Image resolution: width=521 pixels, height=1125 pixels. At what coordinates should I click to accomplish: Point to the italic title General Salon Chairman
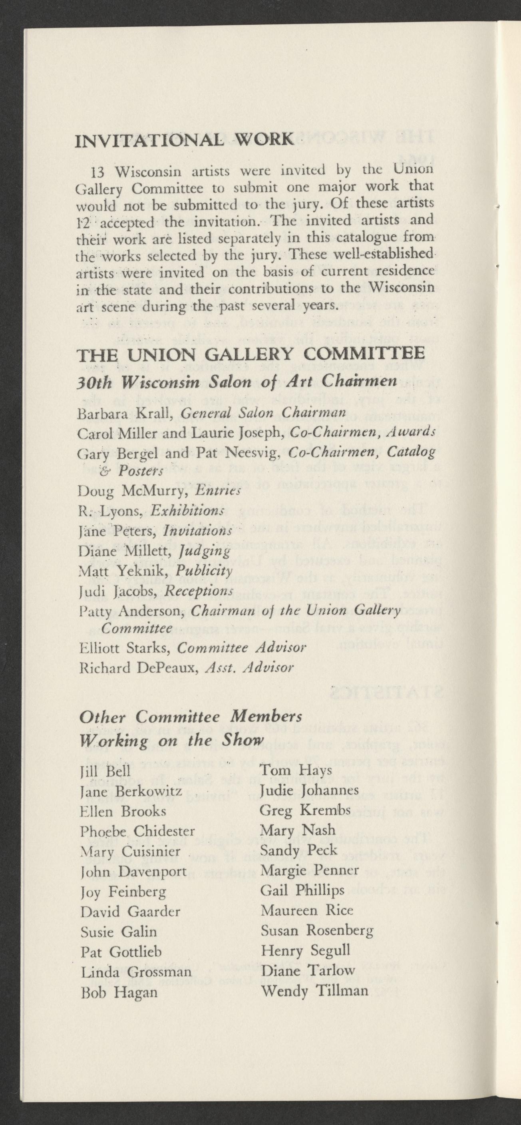pos(263,413)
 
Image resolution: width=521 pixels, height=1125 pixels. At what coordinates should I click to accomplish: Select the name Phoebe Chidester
pos(137,831)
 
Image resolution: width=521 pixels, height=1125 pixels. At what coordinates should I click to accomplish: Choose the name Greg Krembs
pos(305,810)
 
